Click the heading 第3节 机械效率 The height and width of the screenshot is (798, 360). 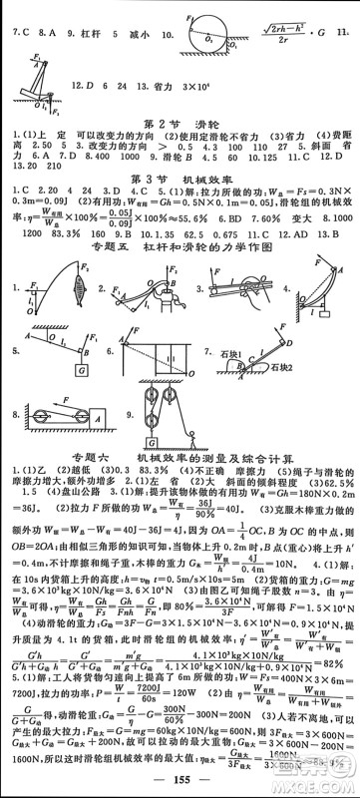tap(179, 180)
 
